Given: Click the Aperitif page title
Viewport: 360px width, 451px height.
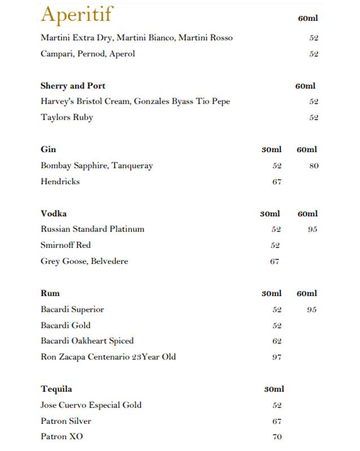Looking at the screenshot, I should [x=77, y=15].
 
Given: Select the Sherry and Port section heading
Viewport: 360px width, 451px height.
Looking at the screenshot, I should [x=73, y=86].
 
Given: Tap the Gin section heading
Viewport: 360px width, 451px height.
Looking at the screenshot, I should [x=48, y=149].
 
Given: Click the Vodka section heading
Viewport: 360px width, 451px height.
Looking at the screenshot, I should [x=54, y=214].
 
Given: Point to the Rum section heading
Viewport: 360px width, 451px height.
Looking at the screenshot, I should [x=50, y=293].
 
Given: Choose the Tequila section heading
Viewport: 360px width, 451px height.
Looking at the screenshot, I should [x=56, y=389].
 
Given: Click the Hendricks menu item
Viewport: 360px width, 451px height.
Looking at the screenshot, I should [x=60, y=182].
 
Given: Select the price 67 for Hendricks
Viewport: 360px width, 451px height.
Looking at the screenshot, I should [x=276, y=182].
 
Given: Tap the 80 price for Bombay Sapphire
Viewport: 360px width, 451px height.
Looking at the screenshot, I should [x=314, y=166].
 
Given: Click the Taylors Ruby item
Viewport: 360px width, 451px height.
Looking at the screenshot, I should [x=67, y=117].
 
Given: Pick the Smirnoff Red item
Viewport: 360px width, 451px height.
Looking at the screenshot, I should [x=65, y=245].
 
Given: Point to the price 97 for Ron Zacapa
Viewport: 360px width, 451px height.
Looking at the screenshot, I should [x=276, y=357].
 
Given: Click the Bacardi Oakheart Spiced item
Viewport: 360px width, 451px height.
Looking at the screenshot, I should [x=87, y=341].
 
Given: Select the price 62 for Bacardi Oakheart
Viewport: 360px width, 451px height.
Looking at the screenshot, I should [x=276, y=341].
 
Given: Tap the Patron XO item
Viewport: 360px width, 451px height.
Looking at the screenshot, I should [x=62, y=437].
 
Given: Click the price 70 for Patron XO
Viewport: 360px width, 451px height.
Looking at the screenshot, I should [x=276, y=437].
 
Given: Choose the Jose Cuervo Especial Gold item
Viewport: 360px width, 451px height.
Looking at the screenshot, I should [x=91, y=405].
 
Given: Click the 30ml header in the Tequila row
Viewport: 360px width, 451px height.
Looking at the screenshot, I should [x=274, y=389].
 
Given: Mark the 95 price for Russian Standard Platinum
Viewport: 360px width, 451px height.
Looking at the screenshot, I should [x=313, y=229].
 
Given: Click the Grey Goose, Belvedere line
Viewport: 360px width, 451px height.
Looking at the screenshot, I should [x=84, y=261].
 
